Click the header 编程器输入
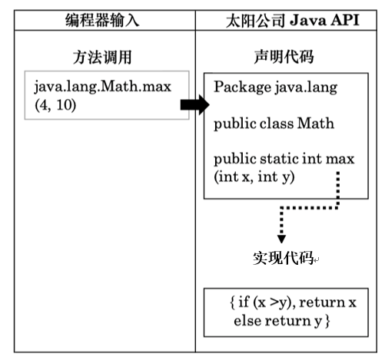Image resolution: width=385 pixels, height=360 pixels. tap(102, 21)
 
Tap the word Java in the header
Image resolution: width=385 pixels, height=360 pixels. tap(307, 21)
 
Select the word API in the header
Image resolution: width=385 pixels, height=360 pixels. tap(345, 20)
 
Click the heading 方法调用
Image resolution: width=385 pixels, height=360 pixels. tap(102, 57)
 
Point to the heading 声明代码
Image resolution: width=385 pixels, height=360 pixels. tap(284, 57)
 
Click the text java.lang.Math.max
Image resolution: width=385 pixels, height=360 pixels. tap(102, 87)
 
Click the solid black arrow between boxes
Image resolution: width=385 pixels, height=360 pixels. tap(195, 104)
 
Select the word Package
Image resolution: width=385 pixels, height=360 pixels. tap(242, 87)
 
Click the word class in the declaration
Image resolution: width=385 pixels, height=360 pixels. tap(277, 124)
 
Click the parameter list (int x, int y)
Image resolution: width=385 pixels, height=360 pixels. tap(254, 177)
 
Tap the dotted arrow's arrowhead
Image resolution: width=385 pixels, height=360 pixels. tap(281, 239)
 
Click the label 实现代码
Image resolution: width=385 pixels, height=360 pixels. tap(283, 258)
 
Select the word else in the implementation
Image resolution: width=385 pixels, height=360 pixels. tap(247, 321)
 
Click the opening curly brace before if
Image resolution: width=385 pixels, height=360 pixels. tap(232, 302)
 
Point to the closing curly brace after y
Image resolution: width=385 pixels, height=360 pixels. tap(327, 321)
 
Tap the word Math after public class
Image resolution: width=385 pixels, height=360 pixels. tap(316, 124)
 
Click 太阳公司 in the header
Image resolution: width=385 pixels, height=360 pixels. tap(255, 21)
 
